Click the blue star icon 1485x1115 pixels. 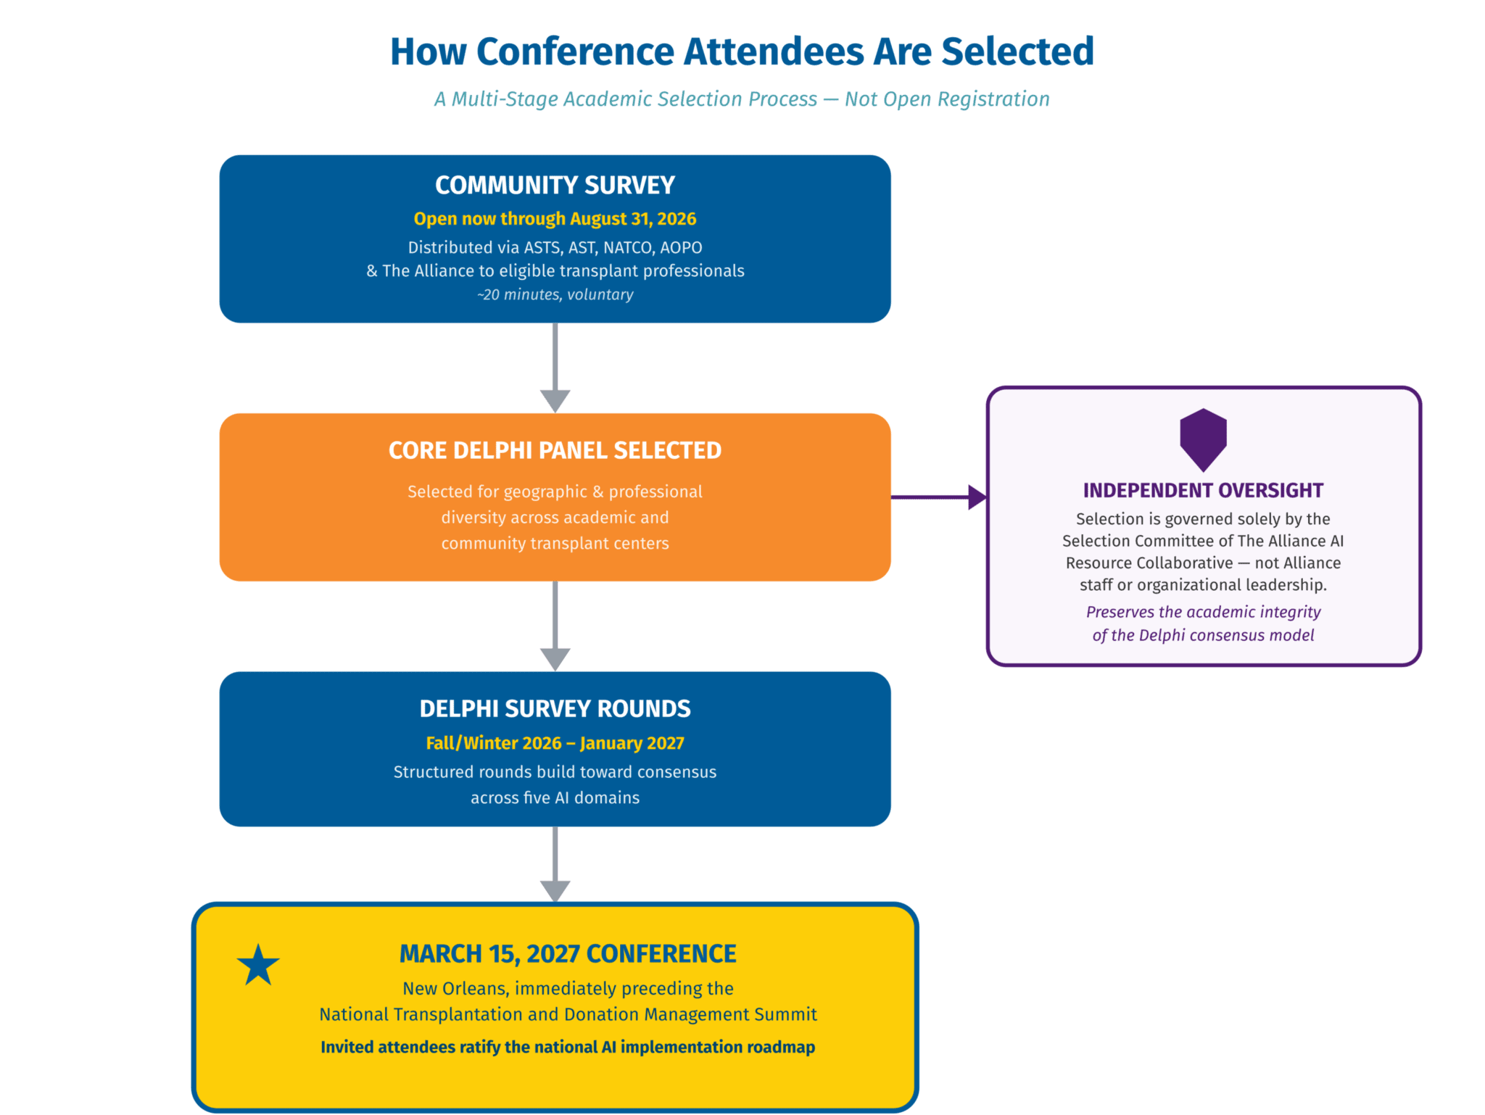(258, 965)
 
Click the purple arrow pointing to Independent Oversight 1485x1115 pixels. (939, 497)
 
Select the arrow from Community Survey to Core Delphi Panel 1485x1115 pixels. (555, 368)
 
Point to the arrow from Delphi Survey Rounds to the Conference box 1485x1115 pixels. (555, 864)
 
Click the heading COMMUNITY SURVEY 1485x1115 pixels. (555, 186)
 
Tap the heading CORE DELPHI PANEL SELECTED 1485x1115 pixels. (555, 451)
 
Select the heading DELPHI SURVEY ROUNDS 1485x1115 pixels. (555, 709)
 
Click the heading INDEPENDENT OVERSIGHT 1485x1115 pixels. (1204, 491)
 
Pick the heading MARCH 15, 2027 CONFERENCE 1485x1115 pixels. (568, 954)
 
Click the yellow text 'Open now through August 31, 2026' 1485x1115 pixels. (555, 219)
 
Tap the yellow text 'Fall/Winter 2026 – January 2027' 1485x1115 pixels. (555, 743)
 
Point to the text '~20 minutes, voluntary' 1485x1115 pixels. (555, 294)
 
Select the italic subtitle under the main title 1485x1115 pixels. (742, 99)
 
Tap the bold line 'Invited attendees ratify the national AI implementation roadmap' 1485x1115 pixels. (568, 1047)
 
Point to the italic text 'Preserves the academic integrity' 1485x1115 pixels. (1204, 612)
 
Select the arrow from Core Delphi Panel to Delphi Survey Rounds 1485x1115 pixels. (555, 626)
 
